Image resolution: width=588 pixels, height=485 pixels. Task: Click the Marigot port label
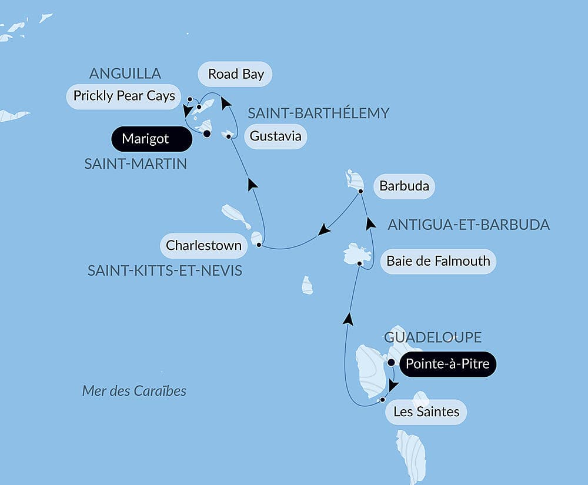click(151, 139)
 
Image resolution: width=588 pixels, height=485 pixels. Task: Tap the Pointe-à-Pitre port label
click(448, 364)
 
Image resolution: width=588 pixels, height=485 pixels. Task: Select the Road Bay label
click(235, 74)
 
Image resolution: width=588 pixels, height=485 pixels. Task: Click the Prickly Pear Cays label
click(124, 96)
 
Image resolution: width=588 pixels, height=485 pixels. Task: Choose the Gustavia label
click(275, 136)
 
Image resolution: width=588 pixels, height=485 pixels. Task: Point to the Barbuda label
click(404, 188)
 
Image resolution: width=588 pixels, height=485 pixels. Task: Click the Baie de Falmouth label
click(438, 261)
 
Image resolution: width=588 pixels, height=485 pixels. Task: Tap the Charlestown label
click(203, 245)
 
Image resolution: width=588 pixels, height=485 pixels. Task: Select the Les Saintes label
click(426, 412)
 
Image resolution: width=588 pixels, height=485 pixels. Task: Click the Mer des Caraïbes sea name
click(134, 391)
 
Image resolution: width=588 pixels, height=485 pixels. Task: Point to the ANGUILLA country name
click(125, 73)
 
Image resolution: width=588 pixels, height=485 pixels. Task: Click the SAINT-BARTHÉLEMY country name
click(318, 113)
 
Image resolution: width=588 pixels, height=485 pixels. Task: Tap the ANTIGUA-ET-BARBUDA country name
click(469, 225)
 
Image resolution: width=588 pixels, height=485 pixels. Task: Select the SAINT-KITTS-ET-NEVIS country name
click(165, 270)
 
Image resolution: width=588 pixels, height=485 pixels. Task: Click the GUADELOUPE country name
click(433, 337)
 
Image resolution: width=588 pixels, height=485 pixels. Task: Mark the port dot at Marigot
click(207, 134)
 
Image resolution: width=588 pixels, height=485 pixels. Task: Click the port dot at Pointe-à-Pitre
click(391, 363)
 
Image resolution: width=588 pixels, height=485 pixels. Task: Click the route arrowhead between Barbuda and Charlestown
click(323, 230)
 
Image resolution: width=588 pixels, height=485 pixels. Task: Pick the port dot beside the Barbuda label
click(360, 191)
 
